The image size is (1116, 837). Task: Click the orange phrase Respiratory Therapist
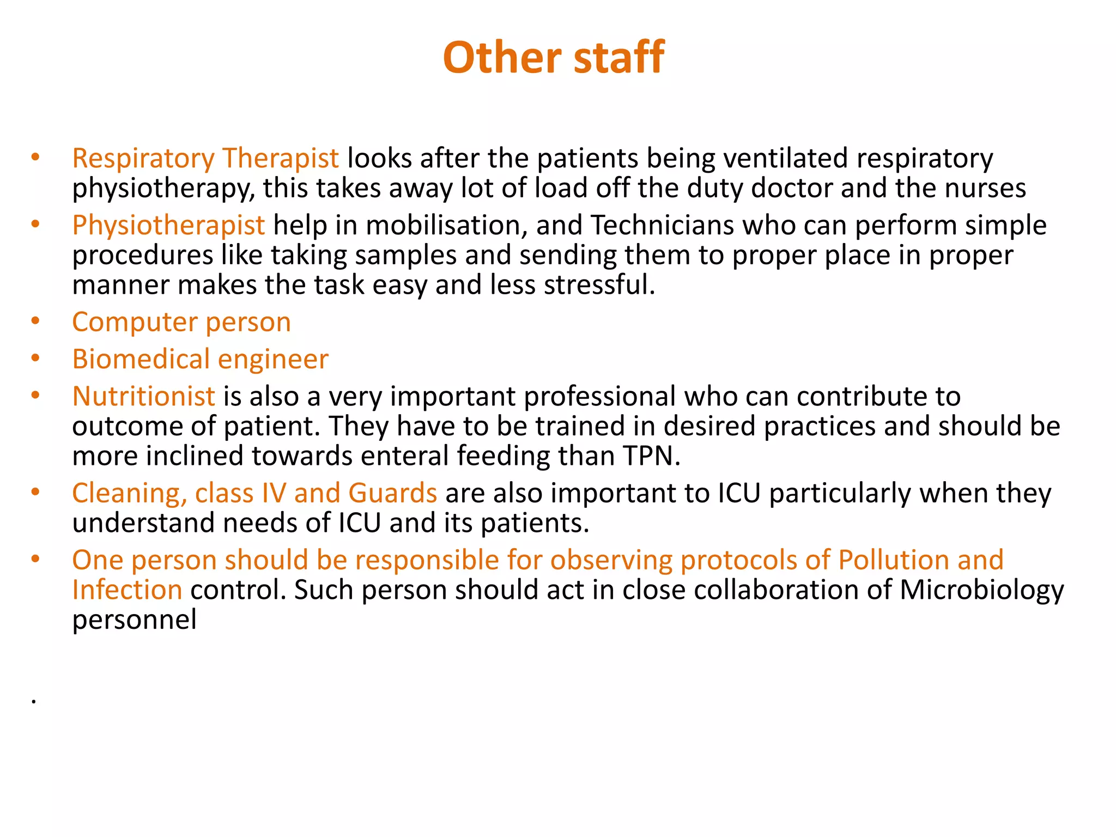205,159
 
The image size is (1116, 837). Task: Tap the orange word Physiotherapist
168,225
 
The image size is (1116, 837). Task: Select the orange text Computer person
181,322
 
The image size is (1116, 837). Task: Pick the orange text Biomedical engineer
200,359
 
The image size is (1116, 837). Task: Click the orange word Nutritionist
144,396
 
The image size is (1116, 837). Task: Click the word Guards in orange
392,493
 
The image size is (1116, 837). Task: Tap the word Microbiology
981,590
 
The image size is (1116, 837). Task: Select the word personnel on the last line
134,620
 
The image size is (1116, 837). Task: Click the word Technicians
662,225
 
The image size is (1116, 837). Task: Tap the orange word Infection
127,590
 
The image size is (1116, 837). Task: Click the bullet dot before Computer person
35,321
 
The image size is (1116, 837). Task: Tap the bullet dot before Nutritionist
35,395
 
